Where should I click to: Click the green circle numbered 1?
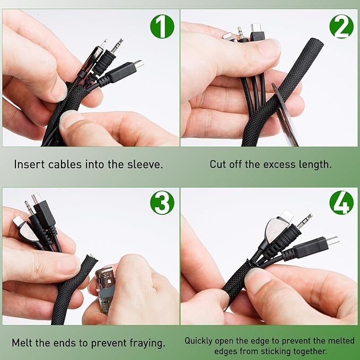[162, 26]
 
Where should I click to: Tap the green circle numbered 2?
[341, 26]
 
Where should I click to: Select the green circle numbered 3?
[162, 203]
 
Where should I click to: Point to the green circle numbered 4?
[341, 203]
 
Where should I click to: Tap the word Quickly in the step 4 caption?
[199, 341]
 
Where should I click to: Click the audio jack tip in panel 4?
[305, 221]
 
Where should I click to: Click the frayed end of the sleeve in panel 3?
[91, 259]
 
